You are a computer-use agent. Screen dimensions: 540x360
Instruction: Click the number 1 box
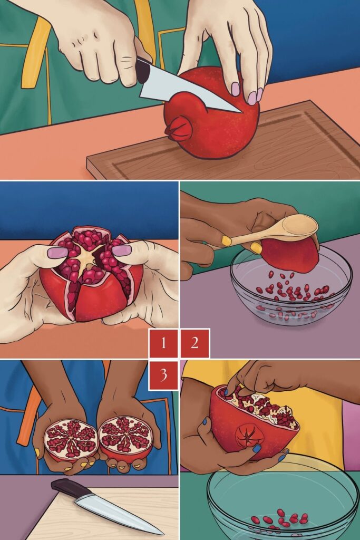tap(163, 343)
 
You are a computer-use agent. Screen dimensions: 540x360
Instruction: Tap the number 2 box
tap(194, 343)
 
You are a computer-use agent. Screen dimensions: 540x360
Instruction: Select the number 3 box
tap(163, 375)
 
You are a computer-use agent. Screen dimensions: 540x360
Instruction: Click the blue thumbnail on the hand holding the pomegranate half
tap(256, 449)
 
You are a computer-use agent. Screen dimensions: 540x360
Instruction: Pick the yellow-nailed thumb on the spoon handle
tap(227, 241)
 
